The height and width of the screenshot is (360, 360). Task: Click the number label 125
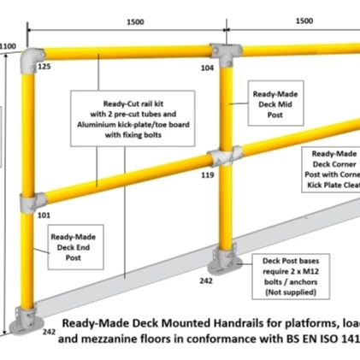44,66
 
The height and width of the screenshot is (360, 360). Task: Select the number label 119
208,174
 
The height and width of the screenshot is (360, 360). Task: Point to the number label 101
44,215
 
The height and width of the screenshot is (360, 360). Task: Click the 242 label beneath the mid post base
206,280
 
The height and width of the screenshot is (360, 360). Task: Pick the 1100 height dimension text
9,46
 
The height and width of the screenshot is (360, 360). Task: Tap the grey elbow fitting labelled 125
35,56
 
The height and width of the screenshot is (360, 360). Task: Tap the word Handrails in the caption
201,324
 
